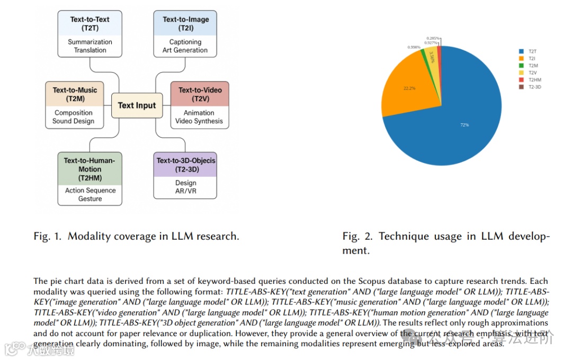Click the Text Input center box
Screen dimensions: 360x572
(x=137, y=105)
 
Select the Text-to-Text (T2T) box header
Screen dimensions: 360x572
(x=90, y=24)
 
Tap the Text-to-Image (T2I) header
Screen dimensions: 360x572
(x=185, y=24)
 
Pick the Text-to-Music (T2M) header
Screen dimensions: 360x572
(x=75, y=94)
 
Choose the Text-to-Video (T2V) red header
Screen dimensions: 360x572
(x=200, y=94)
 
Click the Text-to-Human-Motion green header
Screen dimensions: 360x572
(x=90, y=169)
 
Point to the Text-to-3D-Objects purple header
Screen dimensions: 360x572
(x=185, y=165)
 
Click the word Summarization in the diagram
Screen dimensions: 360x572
(x=90, y=42)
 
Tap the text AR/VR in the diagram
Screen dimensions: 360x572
(x=185, y=191)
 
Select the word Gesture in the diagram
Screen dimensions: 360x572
(x=90, y=199)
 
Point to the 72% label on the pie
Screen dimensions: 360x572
(x=464, y=125)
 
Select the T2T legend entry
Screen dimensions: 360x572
(x=532, y=51)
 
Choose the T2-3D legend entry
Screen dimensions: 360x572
(x=534, y=86)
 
